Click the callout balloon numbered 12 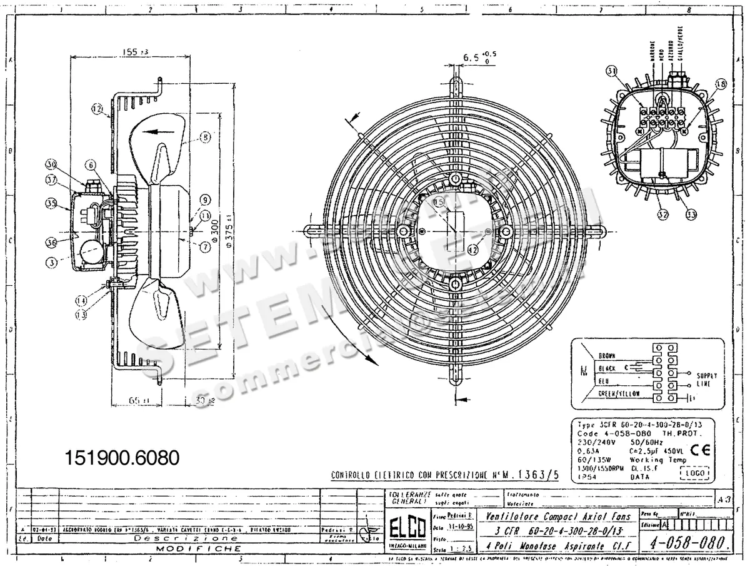tap(97, 108)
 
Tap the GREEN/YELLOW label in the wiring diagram tap(619, 393)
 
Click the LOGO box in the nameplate tap(693, 473)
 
